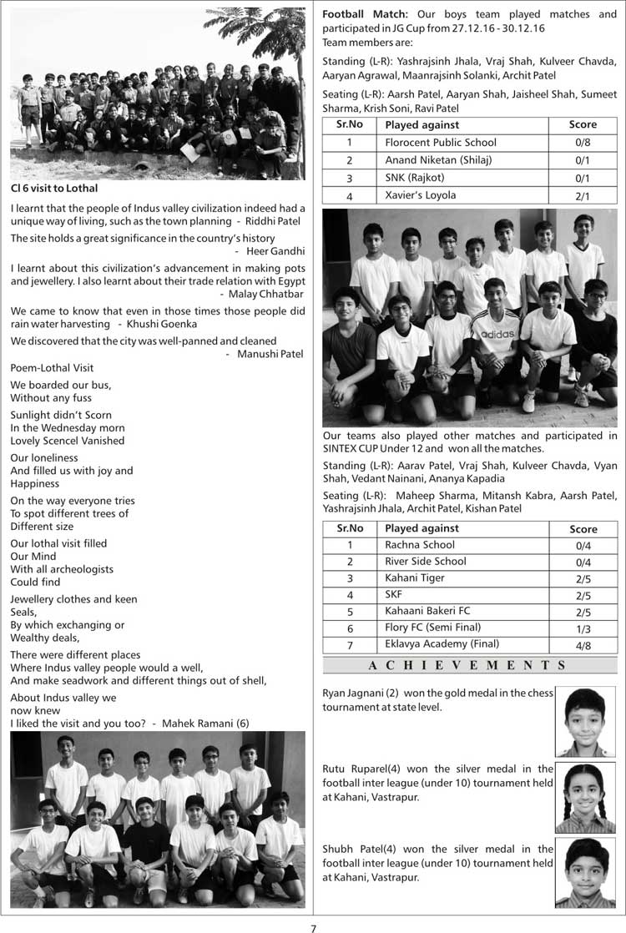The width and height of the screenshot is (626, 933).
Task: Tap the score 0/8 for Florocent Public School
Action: (583, 143)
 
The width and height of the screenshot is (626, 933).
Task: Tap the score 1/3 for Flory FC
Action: (583, 628)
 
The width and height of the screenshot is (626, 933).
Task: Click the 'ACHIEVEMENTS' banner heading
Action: (470, 665)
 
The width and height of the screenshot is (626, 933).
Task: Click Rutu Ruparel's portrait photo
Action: (584, 798)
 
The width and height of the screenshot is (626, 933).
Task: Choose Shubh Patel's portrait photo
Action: (584, 872)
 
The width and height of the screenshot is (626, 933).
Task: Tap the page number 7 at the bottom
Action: (314, 927)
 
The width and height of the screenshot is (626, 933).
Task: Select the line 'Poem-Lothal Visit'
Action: (52, 368)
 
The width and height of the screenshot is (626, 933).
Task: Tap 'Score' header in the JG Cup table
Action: (583, 124)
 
